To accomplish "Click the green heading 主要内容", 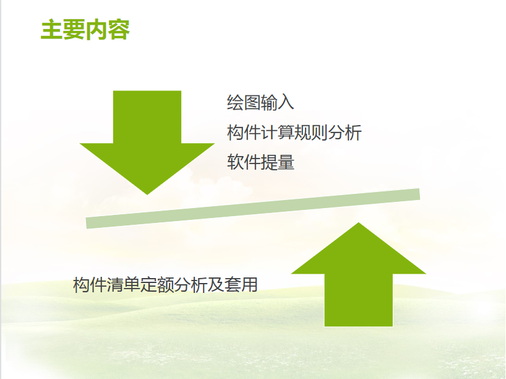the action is click(x=85, y=30).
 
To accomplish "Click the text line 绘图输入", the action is click(x=260, y=103).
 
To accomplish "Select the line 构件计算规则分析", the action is click(x=294, y=133).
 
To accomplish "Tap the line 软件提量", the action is click(x=261, y=162).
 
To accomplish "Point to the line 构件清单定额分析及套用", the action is click(x=165, y=285).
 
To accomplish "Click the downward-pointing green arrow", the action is click(x=147, y=142).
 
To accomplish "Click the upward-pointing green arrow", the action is click(x=359, y=274).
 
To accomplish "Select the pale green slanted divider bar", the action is click(x=252, y=209).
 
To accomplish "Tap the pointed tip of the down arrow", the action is click(x=147, y=194).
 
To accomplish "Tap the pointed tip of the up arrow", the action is click(x=359, y=223).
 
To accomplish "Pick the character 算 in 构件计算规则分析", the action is click(x=286, y=133).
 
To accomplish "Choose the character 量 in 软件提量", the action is click(x=286, y=162).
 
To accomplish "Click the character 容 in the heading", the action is click(x=119, y=30).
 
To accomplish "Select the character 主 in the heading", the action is click(x=52, y=30).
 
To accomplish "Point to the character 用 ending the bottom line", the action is click(x=249, y=285).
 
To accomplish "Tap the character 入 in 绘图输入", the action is click(x=286, y=103).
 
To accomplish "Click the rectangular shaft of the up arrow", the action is click(x=359, y=300).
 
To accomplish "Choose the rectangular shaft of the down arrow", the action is click(x=147, y=117).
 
